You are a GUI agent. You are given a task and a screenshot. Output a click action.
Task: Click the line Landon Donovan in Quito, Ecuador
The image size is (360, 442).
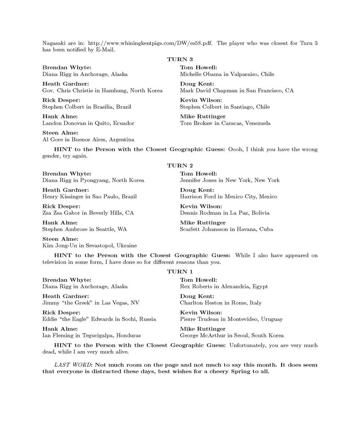[x=88, y=123]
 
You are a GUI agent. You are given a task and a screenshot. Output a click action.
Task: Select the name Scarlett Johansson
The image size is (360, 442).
[x=204, y=229]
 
